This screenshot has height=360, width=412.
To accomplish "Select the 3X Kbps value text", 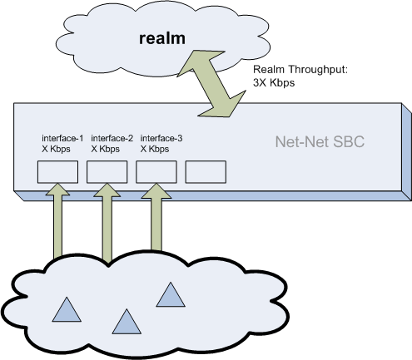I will coord(274,84).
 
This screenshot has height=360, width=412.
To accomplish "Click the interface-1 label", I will coord(62,137).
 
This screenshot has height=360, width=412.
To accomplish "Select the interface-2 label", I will coord(112,137).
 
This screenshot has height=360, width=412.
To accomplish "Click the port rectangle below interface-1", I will coord(58,172).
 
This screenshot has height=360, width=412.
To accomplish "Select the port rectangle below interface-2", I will coord(107,172).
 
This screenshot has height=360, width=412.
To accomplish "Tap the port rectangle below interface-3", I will coord(156,172).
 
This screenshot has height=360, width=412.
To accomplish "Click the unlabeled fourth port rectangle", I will coord(206,172).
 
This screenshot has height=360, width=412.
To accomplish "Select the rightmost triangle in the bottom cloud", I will coord(170,295).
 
